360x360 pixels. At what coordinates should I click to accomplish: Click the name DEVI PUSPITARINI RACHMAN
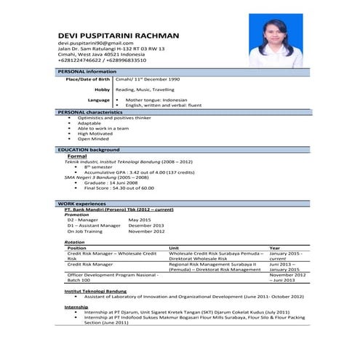pyautogui.click(x=118, y=35)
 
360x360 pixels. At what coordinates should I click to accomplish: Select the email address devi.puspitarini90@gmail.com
pyautogui.click(x=97, y=44)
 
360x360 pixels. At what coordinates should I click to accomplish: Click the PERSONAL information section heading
pyautogui.click(x=87, y=71)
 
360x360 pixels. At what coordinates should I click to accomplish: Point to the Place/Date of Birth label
pyautogui.click(x=87, y=79)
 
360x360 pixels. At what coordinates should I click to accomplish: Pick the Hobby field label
pyautogui.click(x=102, y=89)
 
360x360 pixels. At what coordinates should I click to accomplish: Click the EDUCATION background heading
pyautogui.click(x=88, y=149)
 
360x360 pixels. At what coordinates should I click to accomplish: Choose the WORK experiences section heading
pyautogui.click(x=83, y=203)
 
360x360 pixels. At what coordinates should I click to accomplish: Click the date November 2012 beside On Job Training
pyautogui.click(x=146, y=231)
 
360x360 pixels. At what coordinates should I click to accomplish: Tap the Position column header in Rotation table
pyautogui.click(x=77, y=247)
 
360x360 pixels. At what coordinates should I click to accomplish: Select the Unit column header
pyautogui.click(x=175, y=247)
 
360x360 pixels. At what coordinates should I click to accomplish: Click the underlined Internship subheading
pyautogui.click(x=76, y=307)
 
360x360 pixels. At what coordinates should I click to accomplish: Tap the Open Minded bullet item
pyautogui.click(x=93, y=138)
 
